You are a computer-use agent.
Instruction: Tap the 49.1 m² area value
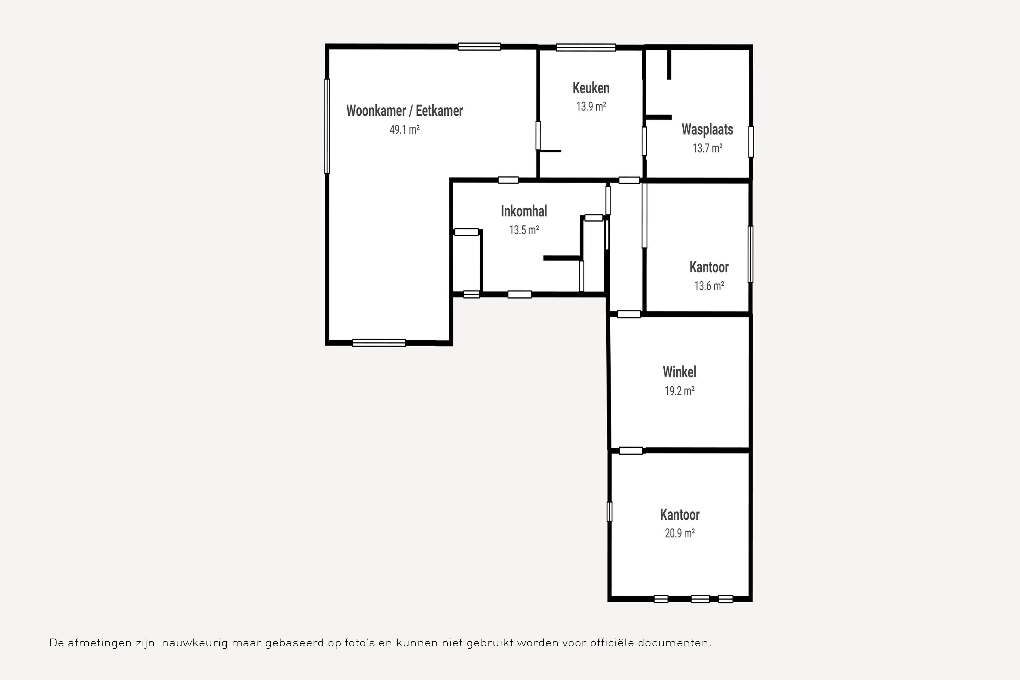tap(404, 129)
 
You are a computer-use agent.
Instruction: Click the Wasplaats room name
tap(707, 129)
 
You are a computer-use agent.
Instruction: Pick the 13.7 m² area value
tap(707, 148)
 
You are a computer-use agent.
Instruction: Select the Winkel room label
tap(679, 372)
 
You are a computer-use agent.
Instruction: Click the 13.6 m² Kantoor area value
tap(709, 286)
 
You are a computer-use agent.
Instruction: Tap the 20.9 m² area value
tap(679, 533)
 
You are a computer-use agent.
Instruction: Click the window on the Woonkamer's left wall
tap(327, 126)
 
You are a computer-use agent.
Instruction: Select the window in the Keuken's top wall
tap(586, 47)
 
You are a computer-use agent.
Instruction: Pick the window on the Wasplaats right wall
tap(751, 142)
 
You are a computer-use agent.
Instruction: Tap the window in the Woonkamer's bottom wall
tap(379, 343)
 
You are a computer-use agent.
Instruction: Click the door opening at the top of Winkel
tap(629, 314)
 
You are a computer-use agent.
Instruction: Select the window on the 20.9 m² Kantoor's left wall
tap(609, 512)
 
